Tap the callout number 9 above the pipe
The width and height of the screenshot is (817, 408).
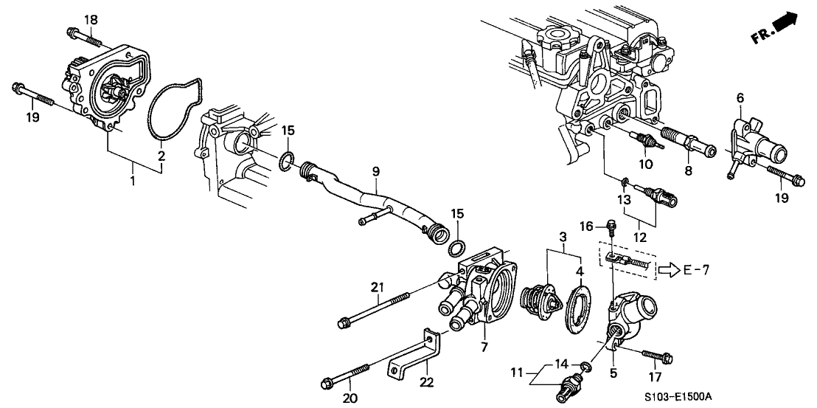pyautogui.click(x=375, y=172)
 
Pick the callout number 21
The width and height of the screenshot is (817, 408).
pyautogui.click(x=378, y=286)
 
